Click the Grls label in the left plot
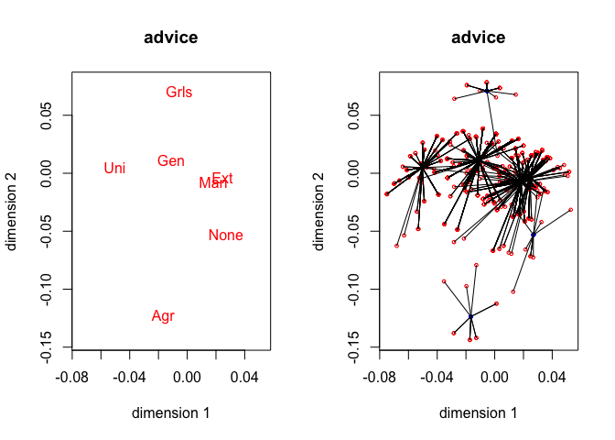pos(178,92)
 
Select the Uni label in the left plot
pos(114,168)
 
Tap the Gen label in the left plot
pos(170,161)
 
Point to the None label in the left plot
pos(225,236)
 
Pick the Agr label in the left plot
pos(163,316)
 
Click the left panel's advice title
pos(171,38)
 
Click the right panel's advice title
pos(478,38)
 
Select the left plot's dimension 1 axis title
pos(171,413)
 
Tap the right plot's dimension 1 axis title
pos(478,413)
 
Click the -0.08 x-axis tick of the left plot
pos(72,376)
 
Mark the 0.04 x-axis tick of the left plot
pos(244,376)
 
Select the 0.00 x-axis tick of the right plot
pos(494,376)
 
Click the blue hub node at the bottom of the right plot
pos(471,316)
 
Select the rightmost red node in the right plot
pos(571,210)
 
